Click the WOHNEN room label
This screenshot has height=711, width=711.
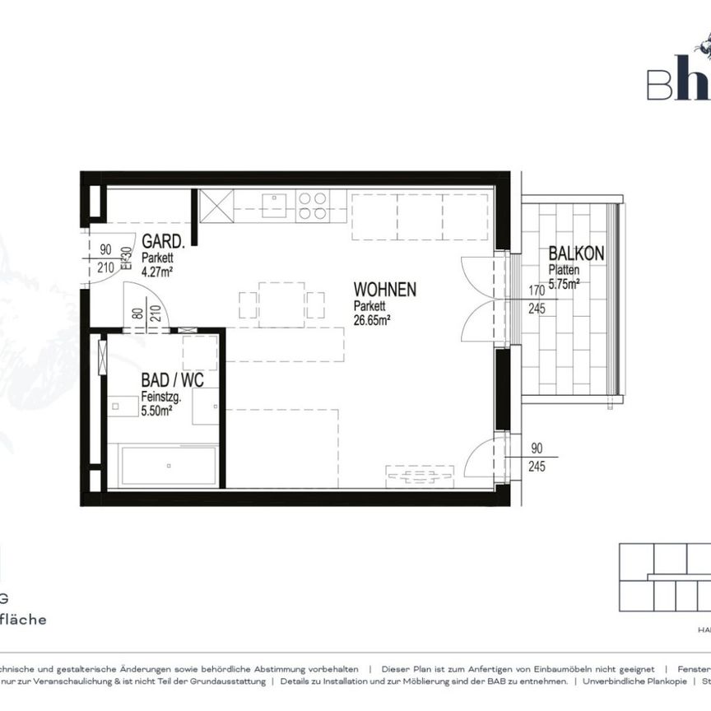tap(384, 290)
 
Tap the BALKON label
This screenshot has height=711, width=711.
tap(576, 255)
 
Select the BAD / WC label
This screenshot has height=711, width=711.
tap(172, 382)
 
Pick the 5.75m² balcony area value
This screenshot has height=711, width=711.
tap(565, 282)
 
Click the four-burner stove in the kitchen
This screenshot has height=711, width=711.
tap(313, 206)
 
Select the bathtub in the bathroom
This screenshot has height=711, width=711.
tap(168, 467)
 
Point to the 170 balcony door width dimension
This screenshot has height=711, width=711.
tap(536, 290)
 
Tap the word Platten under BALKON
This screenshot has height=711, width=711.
tap(565, 269)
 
